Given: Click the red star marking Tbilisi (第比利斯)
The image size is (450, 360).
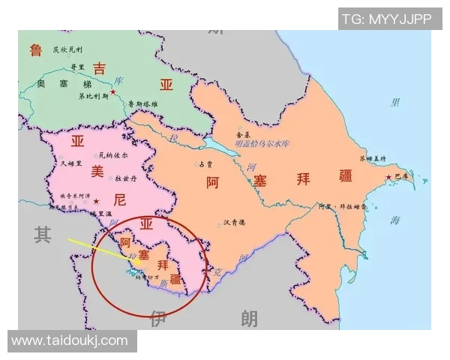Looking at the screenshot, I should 113,92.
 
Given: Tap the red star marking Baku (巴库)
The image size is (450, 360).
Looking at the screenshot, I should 388,177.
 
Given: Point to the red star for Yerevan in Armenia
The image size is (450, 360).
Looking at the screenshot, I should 95,202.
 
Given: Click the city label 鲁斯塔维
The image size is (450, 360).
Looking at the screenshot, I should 143,103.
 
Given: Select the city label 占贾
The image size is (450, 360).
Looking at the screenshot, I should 205,163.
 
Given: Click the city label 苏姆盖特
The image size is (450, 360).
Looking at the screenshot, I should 372,158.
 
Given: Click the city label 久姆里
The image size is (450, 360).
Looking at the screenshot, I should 70,163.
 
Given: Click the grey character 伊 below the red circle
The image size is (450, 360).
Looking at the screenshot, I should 157,318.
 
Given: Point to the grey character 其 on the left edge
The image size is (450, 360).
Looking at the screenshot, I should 42,235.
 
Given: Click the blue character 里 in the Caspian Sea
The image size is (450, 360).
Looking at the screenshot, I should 395,102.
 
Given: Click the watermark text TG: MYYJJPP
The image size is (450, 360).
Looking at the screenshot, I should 387,19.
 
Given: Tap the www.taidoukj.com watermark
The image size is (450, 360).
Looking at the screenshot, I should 70,340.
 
